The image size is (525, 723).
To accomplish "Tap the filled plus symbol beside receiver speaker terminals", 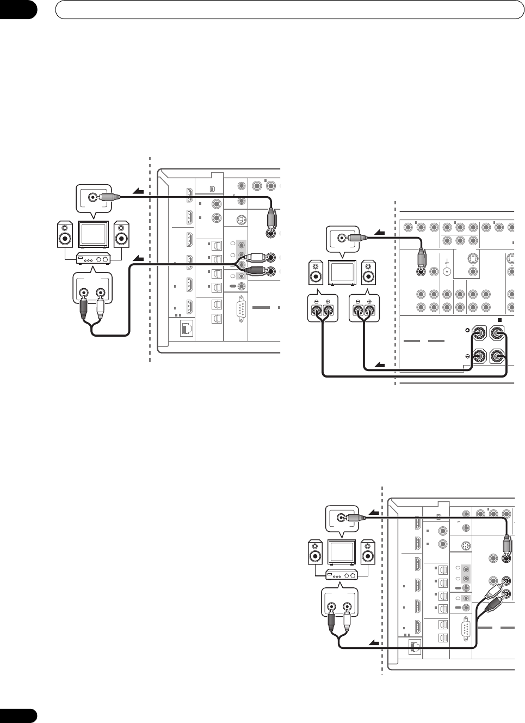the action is pos(467,330).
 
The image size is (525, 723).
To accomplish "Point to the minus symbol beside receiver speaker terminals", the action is pos(467,356).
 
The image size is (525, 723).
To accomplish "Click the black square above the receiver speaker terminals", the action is pos(499,320).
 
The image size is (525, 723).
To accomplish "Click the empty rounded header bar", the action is pos(286,9).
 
